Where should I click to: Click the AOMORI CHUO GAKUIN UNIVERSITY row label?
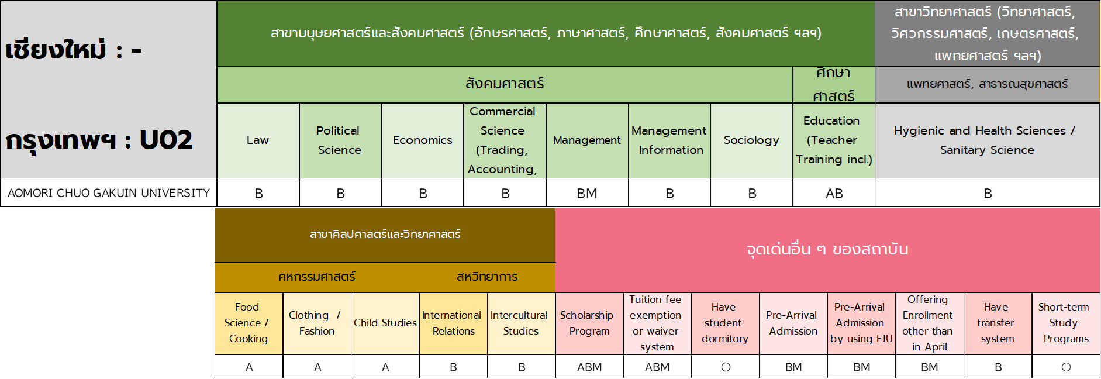pyautogui.click(x=109, y=193)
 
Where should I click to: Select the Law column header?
pyautogui.click(x=258, y=140)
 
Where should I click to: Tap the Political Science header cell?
pyautogui.click(x=339, y=140)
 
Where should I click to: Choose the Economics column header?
pyautogui.click(x=423, y=140)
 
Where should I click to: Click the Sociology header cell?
pyautogui.click(x=751, y=140)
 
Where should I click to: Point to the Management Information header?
pyautogui.click(x=669, y=140)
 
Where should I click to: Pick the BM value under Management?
pyautogui.click(x=587, y=194)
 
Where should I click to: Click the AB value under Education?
pyautogui.click(x=834, y=194)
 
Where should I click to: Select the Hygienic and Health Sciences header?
pyautogui.click(x=987, y=140)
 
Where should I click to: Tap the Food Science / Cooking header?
pyautogui.click(x=248, y=323)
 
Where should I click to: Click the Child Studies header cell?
pyautogui.click(x=385, y=323)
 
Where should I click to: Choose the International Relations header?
pyautogui.click(x=453, y=323)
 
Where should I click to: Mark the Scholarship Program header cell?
pyautogui.click(x=588, y=323)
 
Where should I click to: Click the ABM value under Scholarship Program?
pyautogui.click(x=589, y=367)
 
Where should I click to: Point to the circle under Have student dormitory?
pyautogui.click(x=726, y=367)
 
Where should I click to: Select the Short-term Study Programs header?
pyautogui.click(x=1064, y=323)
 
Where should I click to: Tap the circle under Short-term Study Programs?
pyautogui.click(x=1066, y=367)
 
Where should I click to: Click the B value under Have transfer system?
pyautogui.click(x=998, y=367)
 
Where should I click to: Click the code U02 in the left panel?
pyautogui.click(x=166, y=140)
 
